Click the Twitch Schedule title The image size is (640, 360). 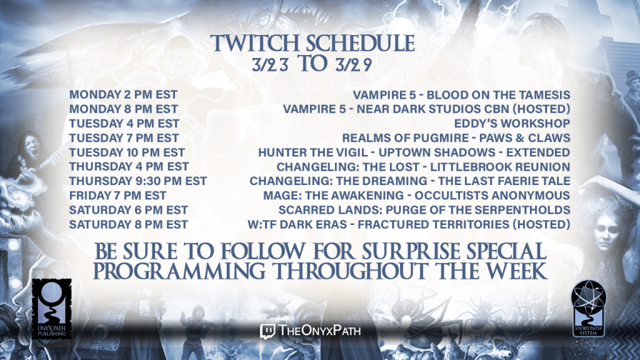pyautogui.click(x=312, y=43)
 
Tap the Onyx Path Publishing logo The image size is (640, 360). pyautogui.click(x=52, y=309)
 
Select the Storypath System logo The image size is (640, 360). pyautogui.click(x=588, y=308)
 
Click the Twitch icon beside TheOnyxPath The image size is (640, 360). pyautogui.click(x=267, y=331)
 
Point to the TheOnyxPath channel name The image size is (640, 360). pyautogui.click(x=319, y=330)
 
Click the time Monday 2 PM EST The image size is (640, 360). pyautogui.click(x=123, y=95)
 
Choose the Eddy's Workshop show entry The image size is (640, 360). pyautogui.click(x=512, y=123)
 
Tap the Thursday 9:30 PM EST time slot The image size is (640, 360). pyautogui.click(x=138, y=181)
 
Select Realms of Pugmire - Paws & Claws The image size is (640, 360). pyautogui.click(x=456, y=138)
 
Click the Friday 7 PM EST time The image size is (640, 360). pyautogui.click(x=117, y=196)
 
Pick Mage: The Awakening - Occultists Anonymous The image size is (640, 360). pyautogui.click(x=416, y=196)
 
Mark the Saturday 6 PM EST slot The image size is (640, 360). pyautogui.click(x=129, y=210)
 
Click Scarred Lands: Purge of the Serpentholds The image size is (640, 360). pyautogui.click(x=424, y=210)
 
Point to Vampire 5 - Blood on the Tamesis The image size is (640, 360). pyautogui.click(x=461, y=95)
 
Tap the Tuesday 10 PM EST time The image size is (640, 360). pyautogui.click(x=127, y=152)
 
